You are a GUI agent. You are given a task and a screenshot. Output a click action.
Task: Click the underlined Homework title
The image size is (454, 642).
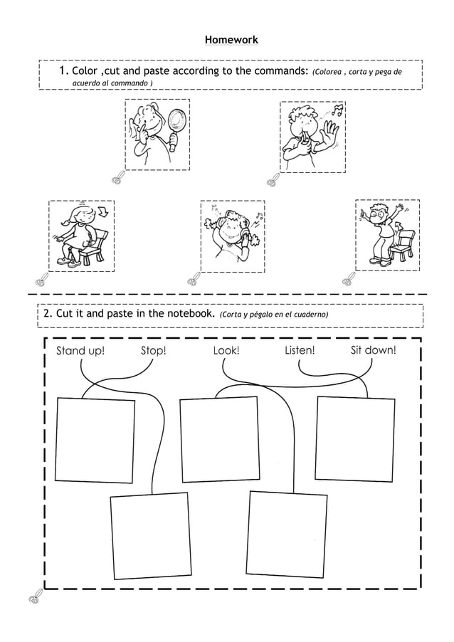pyautogui.click(x=231, y=40)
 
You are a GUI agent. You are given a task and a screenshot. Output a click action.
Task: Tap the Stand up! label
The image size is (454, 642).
pyautogui.click(x=80, y=350)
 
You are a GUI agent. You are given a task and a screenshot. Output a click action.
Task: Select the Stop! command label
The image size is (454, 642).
pyautogui.click(x=153, y=350)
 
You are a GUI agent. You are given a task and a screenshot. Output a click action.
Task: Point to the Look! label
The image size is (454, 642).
pyautogui.click(x=226, y=350)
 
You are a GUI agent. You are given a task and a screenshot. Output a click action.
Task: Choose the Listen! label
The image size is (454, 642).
pyautogui.click(x=300, y=350)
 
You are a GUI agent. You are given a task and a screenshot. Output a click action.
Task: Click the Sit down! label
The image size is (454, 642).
pyautogui.click(x=373, y=350)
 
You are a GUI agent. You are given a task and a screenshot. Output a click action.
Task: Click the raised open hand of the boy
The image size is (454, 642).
pyautogui.click(x=329, y=132)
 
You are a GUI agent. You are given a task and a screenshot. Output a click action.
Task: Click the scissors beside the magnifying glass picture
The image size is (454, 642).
pyautogui.click(x=117, y=177)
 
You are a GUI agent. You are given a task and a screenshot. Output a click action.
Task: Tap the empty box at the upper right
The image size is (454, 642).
pyautogui.click(x=354, y=438)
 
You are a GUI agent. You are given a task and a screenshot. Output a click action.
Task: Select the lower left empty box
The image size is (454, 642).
pyautogui.click(x=150, y=536)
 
